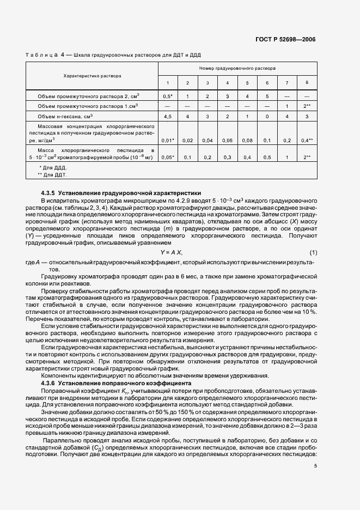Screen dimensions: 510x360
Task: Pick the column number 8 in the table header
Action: tap(307, 82)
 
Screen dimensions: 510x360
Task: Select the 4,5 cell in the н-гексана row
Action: tap(168, 116)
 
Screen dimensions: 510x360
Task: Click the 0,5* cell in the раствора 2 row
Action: tap(168, 95)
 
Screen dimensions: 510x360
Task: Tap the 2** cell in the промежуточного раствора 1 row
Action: tap(307, 106)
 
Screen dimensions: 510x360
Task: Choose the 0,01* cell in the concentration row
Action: tap(168, 140)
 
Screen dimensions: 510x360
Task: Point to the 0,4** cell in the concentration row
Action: tap(307, 140)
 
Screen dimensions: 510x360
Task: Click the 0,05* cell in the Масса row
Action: tap(168, 157)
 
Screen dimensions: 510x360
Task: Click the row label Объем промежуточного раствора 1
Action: tap(87, 106)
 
